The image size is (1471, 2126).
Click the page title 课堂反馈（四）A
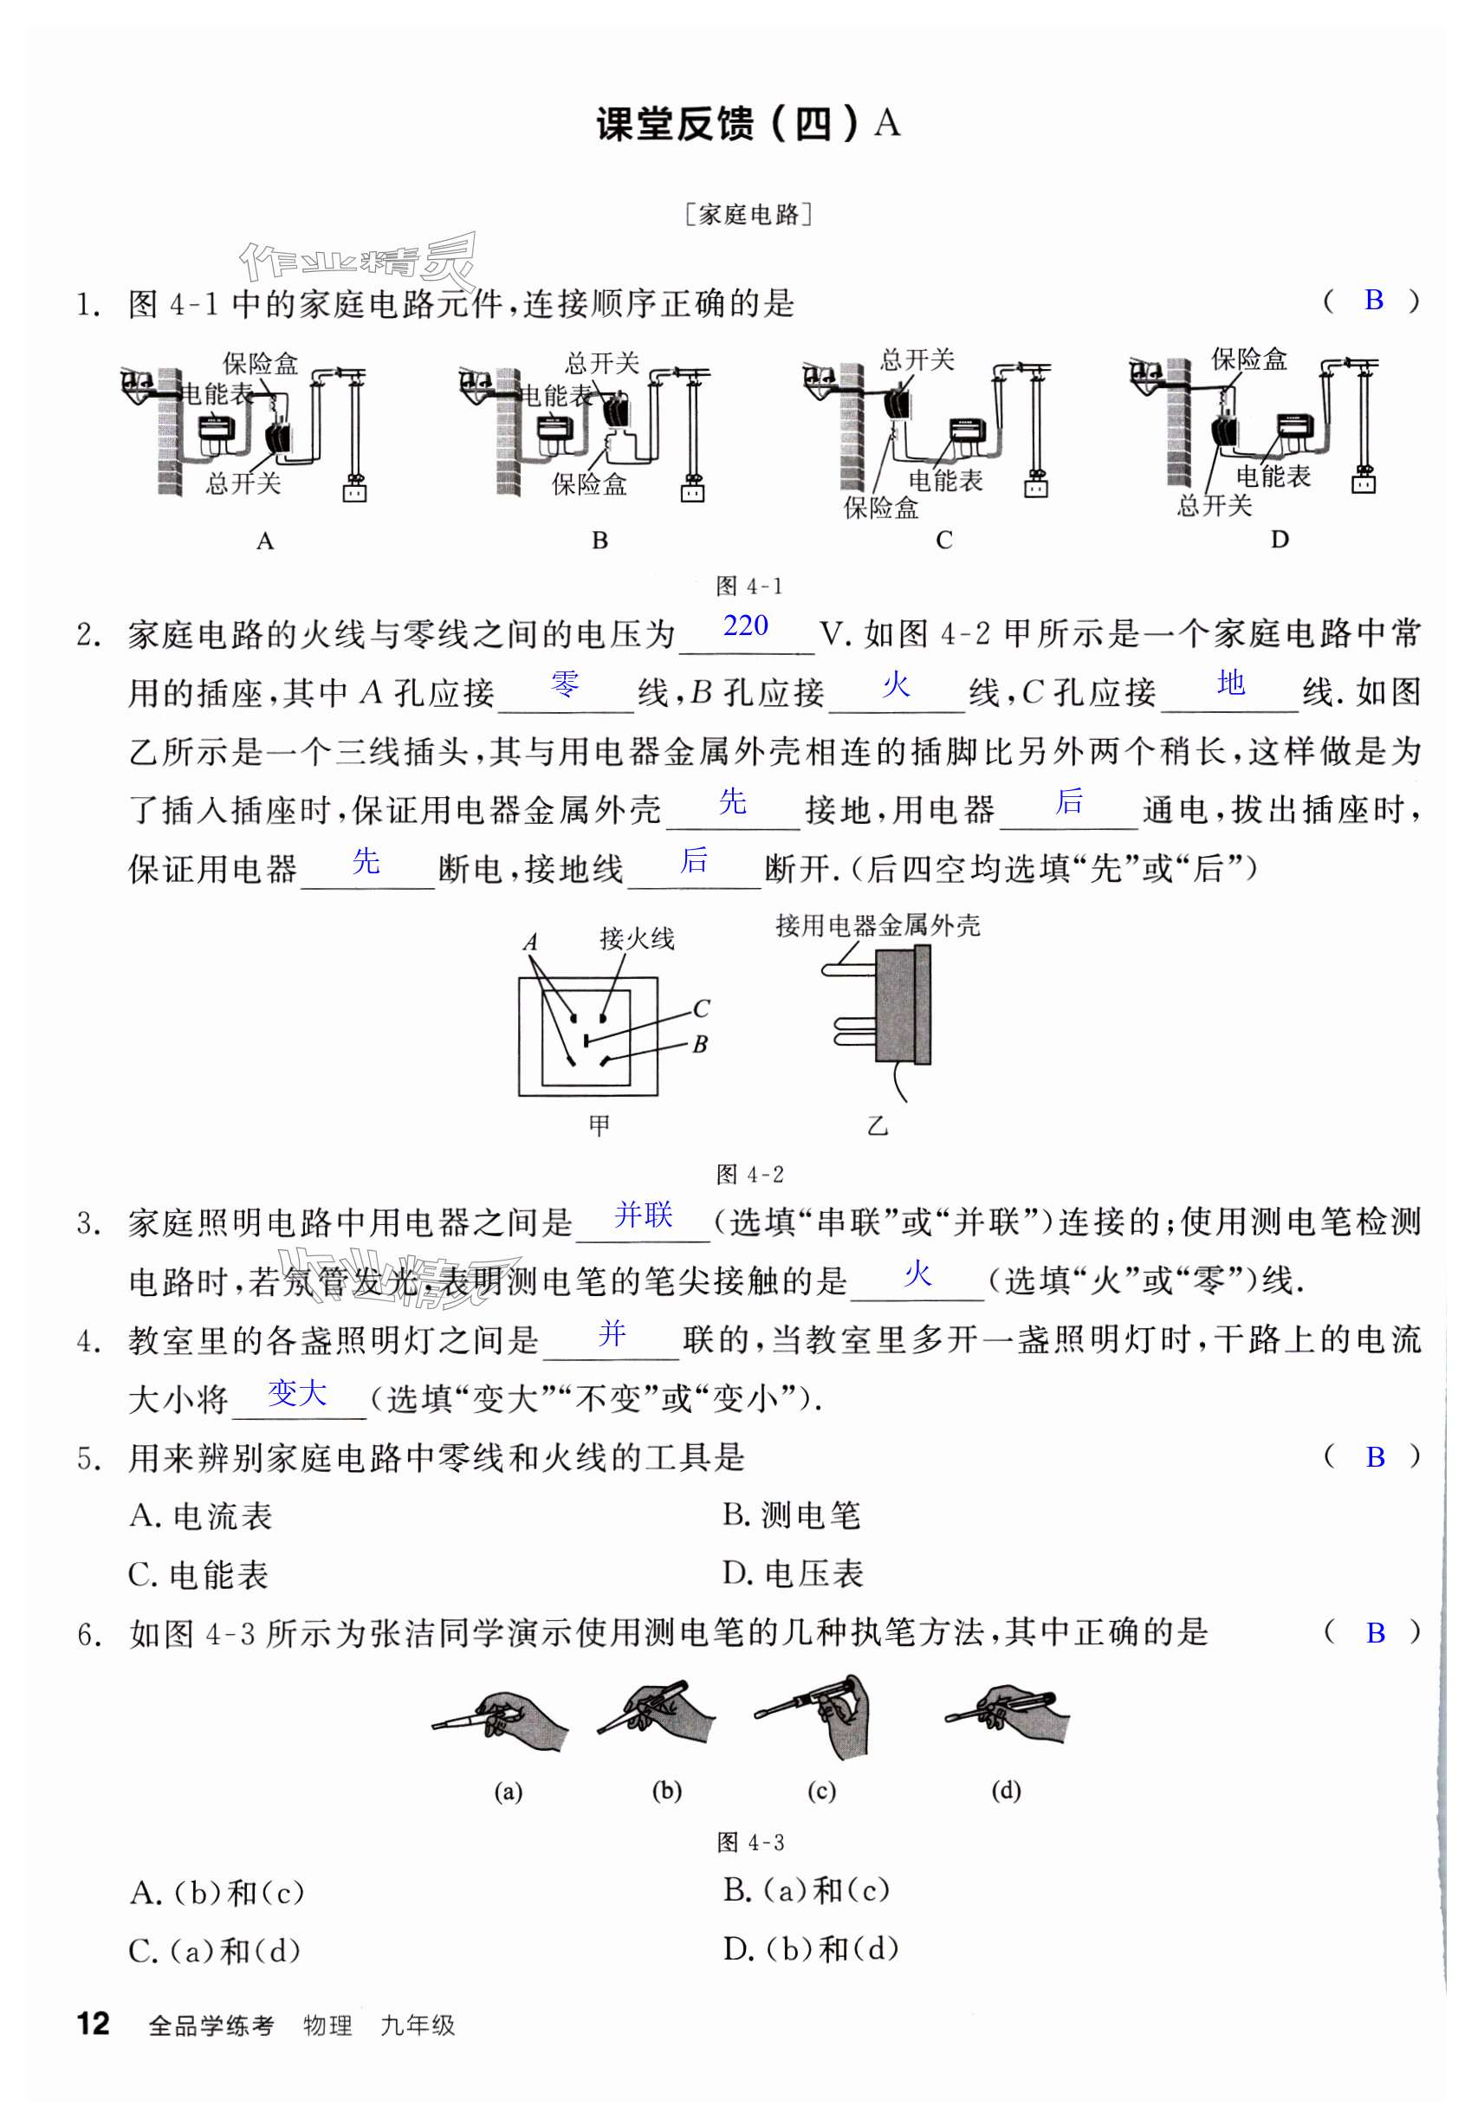[748, 124]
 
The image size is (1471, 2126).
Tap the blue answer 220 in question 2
[745, 625]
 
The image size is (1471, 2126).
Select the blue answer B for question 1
[1373, 300]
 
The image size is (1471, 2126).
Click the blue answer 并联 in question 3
[644, 1215]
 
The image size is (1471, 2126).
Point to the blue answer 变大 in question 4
[297, 1392]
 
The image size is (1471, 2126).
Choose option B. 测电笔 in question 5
[791, 1516]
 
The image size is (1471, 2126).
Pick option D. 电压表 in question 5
[793, 1574]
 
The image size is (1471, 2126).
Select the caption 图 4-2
[749, 1174]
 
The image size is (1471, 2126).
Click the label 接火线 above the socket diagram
[636, 938]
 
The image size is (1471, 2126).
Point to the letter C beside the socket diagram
[701, 1008]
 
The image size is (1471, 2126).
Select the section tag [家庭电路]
[748, 215]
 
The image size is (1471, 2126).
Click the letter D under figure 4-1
[1280, 539]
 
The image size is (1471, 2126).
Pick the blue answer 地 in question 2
[1230, 684]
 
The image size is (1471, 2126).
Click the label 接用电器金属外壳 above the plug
[878, 925]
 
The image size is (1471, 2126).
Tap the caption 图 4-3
[750, 1842]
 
